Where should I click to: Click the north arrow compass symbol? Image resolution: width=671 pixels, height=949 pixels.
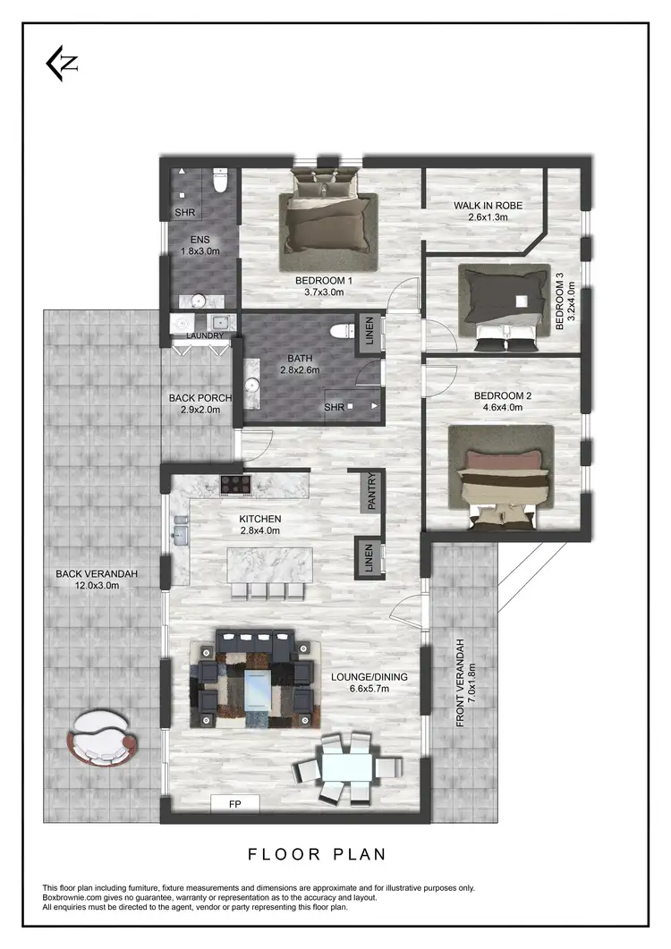tap(63, 64)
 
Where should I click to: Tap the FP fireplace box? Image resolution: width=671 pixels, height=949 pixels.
tap(234, 803)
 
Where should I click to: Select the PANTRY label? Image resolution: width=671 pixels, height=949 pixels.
tap(372, 492)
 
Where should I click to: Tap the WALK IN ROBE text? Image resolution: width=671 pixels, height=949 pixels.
tap(488, 206)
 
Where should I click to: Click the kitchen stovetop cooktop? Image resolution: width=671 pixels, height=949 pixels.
tap(237, 485)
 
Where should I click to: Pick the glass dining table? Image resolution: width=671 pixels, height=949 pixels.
tap(348, 767)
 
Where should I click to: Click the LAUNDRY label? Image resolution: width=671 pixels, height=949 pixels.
tap(205, 335)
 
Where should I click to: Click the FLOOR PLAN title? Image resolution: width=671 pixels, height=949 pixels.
tap(317, 854)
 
